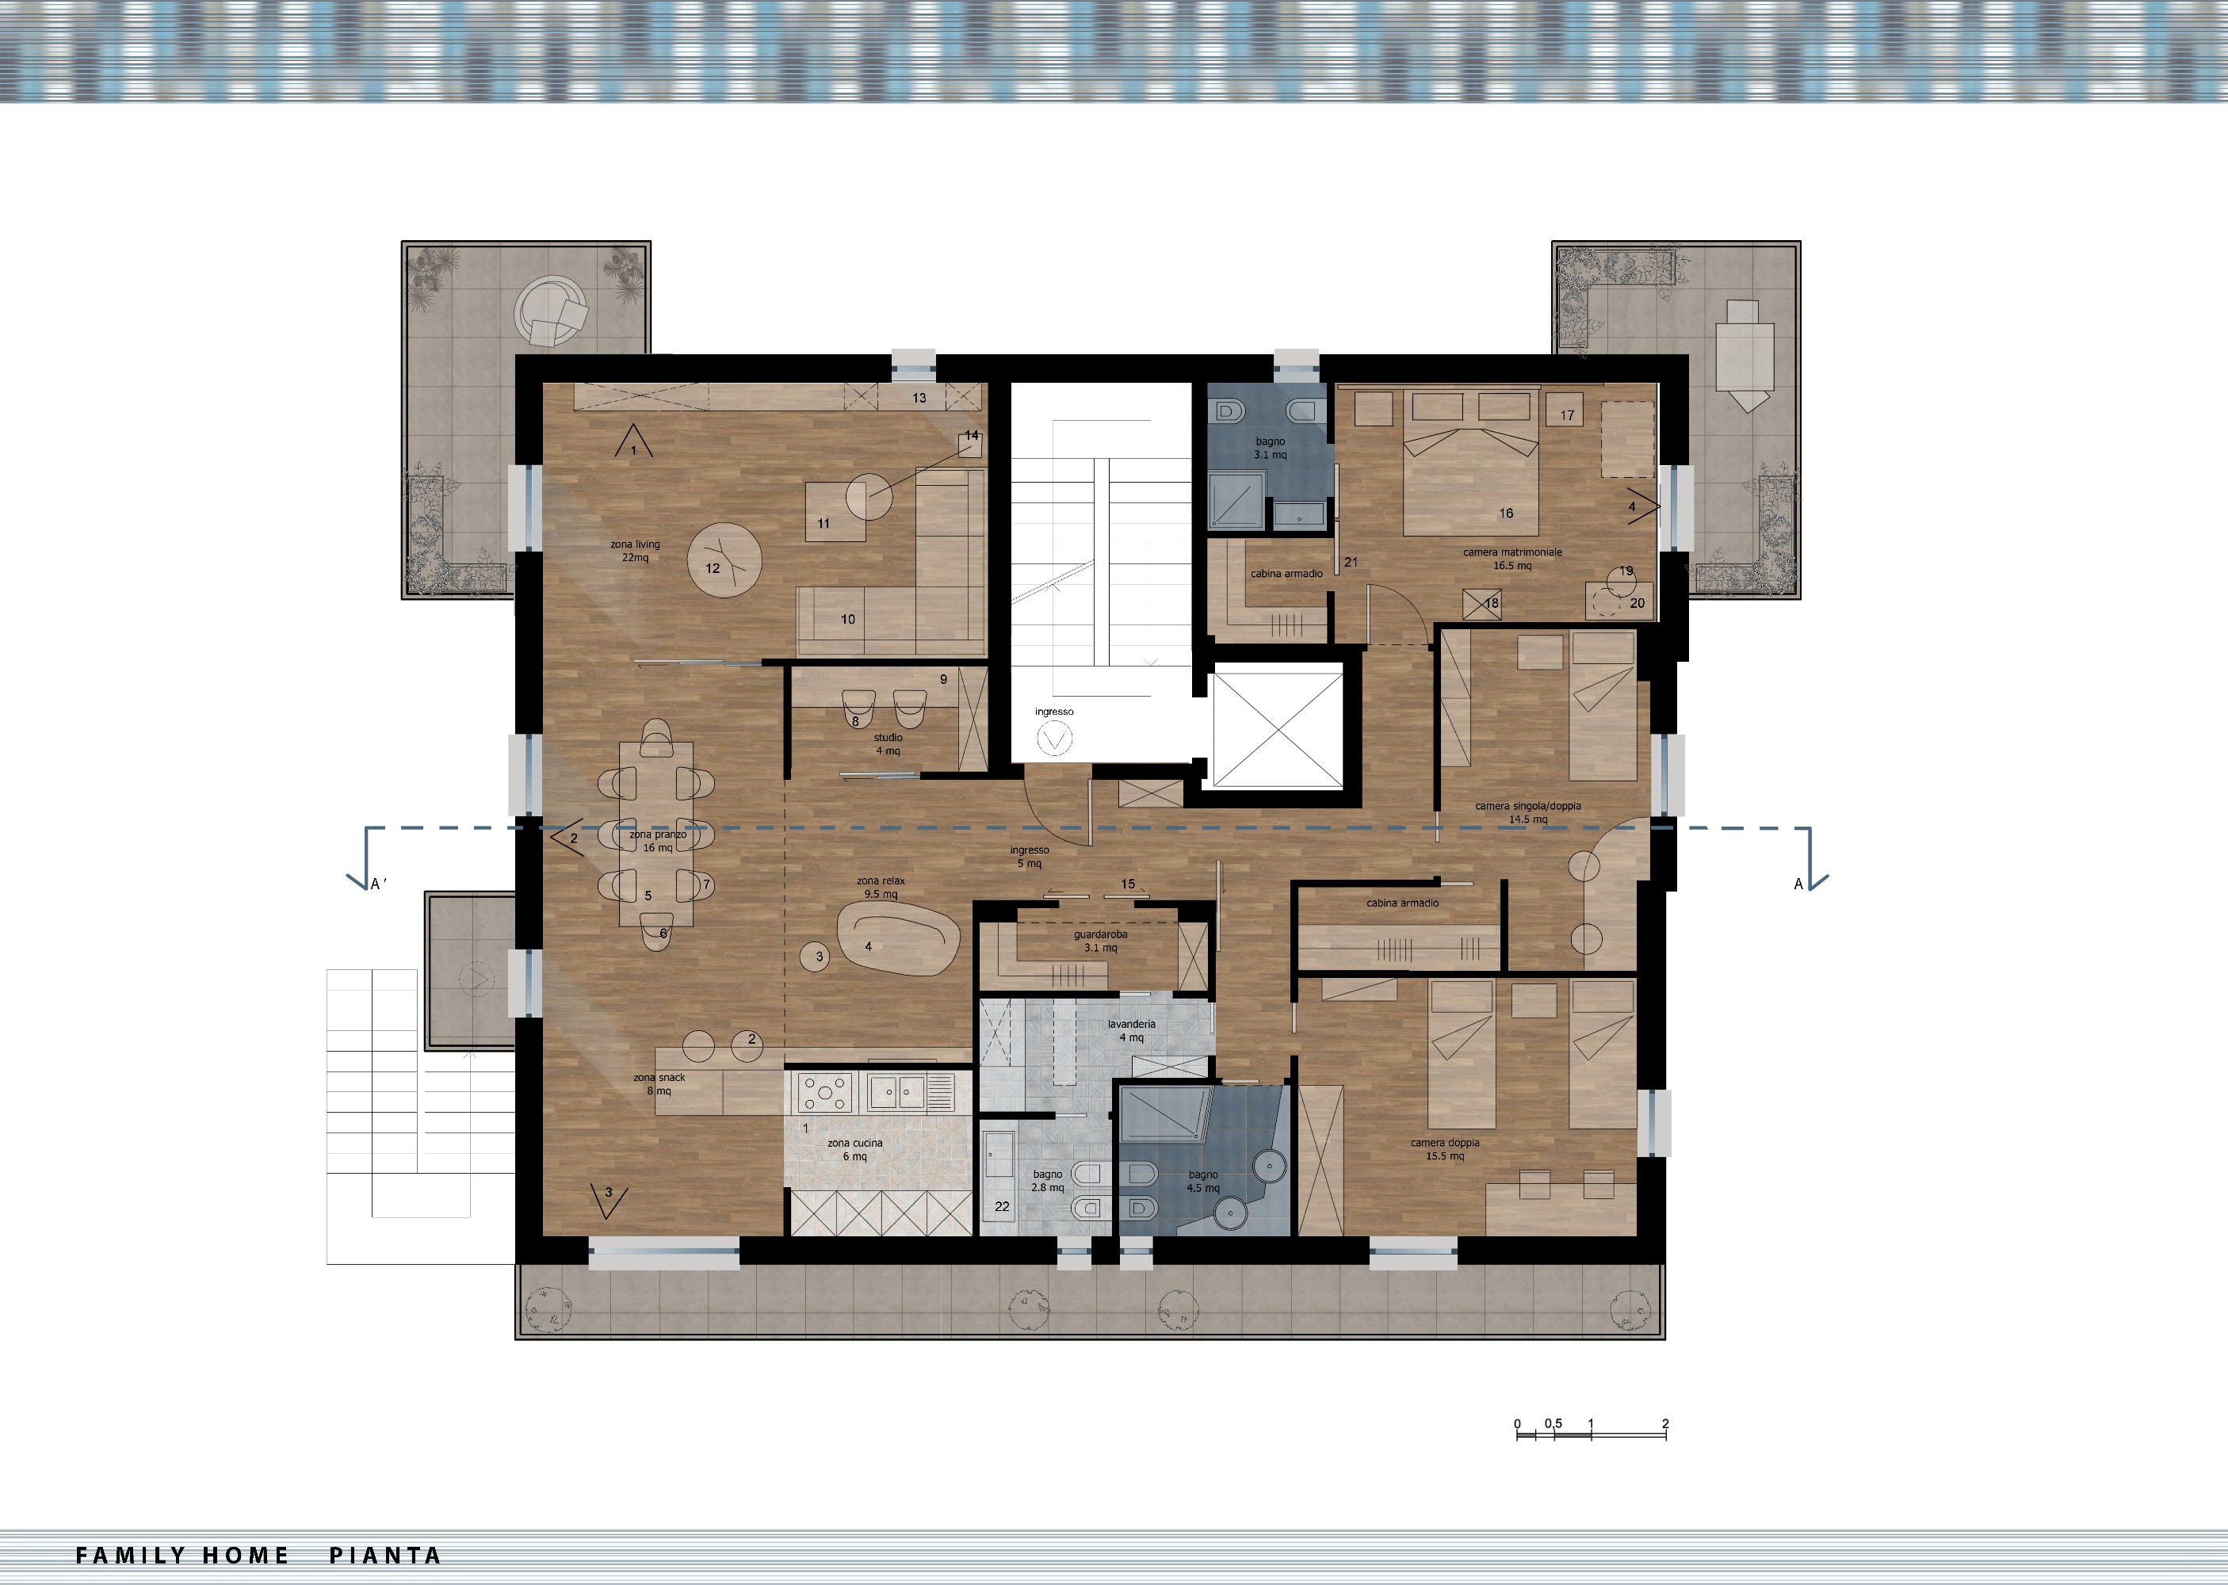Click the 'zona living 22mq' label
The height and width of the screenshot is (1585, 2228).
tap(636, 552)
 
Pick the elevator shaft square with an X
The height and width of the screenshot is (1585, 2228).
tap(1277, 730)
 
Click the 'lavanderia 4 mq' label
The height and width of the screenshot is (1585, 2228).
tap(1131, 1030)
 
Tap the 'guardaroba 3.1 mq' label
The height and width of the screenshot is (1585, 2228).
tap(1101, 941)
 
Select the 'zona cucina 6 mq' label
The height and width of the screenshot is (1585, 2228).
tap(855, 1150)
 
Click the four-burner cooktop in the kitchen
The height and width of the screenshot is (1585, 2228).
tap(826, 1092)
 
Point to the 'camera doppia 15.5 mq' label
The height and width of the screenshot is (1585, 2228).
tap(1446, 1150)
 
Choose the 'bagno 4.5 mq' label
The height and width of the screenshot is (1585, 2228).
tap(1203, 1182)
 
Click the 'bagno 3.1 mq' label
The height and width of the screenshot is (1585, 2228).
tap(1271, 448)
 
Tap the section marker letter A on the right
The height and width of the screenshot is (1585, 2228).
tap(1798, 884)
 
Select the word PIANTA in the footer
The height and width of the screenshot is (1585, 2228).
tap(384, 1556)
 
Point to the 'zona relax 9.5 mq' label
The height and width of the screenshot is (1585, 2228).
tap(881, 887)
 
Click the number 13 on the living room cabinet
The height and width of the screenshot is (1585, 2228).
tap(919, 398)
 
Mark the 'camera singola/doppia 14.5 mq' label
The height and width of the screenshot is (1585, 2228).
tap(1528, 813)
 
